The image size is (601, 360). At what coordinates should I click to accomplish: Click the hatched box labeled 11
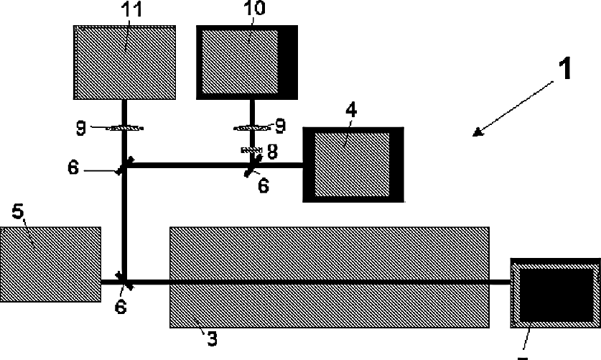pos(126,63)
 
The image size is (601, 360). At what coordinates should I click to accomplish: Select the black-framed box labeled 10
pos(247,63)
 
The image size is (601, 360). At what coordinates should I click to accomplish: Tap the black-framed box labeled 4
pos(353,165)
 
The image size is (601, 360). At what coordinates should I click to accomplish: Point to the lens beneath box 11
pos(125,129)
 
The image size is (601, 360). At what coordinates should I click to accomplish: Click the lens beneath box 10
pos(252,129)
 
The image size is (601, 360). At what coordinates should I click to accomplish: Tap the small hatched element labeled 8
pos(251,149)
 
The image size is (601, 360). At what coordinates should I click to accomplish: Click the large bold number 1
pos(567,70)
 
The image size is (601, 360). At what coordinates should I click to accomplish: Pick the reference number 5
pos(19,213)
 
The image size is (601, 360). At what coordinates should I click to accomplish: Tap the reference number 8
pos(272,151)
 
